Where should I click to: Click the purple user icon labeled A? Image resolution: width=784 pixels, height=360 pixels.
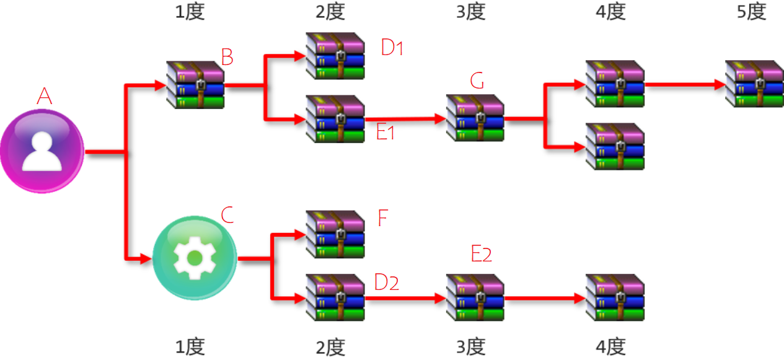pos(42,151)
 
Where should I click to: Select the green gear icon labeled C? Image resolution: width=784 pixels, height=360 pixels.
pos(195,258)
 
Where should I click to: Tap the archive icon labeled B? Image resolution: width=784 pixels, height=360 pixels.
pos(195,84)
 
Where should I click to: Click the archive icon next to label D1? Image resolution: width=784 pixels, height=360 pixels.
pos(335,56)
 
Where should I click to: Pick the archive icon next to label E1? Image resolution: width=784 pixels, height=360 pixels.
pos(335,119)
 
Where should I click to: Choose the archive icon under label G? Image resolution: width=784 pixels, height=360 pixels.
pos(475,118)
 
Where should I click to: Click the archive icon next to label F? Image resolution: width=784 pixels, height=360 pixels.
pos(335,234)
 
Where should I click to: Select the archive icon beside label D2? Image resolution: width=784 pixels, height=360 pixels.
pos(335,297)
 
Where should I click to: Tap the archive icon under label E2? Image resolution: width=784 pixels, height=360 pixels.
pos(475,297)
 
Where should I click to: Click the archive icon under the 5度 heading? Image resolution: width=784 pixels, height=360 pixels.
pos(754,84)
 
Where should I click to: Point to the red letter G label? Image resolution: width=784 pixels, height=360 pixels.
pos(477,81)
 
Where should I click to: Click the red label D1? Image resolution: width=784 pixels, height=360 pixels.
pos(392,48)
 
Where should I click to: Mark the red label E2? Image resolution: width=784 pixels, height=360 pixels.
pos(482,253)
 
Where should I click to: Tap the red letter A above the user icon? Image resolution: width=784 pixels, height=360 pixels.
pos(44,96)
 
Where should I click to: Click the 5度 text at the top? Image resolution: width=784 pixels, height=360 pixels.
pos(752,12)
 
